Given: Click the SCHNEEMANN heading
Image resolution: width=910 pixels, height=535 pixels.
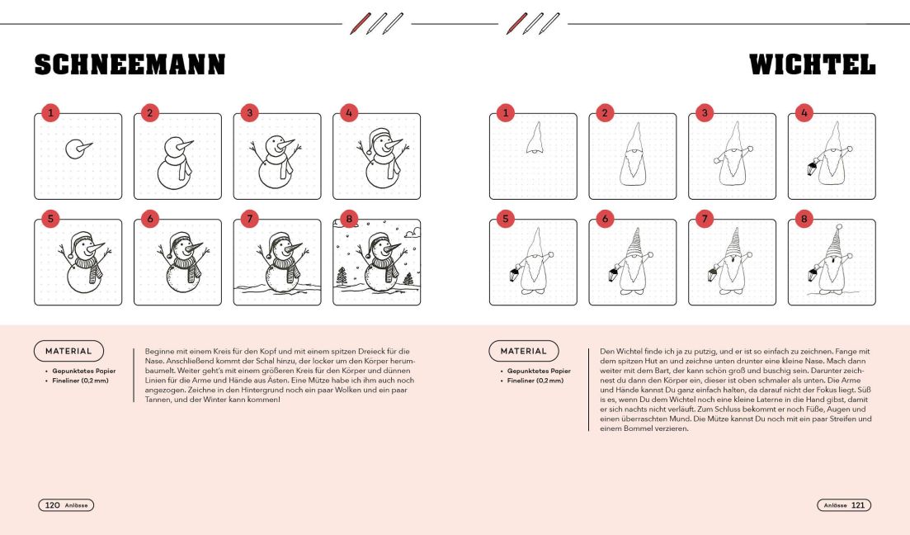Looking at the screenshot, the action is (x=130, y=64).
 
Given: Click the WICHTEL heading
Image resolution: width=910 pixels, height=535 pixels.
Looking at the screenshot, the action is (x=812, y=64).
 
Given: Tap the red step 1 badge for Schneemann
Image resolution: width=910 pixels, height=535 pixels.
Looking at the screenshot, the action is (x=50, y=112).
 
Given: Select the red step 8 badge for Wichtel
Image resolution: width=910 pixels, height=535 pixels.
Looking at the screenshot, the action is (x=804, y=219).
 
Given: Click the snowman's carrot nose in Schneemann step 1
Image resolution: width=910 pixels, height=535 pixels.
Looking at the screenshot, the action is (x=85, y=146).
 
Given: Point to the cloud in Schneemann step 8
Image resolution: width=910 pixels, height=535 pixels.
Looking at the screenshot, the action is (x=413, y=234).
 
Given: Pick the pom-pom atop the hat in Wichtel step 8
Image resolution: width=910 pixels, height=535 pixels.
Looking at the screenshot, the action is (x=838, y=226).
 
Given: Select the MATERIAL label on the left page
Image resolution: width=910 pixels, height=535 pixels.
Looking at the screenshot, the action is (x=68, y=351).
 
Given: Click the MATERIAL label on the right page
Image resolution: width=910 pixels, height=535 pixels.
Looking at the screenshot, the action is (x=524, y=351).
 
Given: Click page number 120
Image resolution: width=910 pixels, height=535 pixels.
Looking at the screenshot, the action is (x=52, y=504).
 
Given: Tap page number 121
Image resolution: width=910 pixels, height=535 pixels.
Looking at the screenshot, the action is (x=858, y=504).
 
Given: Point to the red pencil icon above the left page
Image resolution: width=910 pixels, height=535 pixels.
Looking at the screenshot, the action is (x=360, y=24).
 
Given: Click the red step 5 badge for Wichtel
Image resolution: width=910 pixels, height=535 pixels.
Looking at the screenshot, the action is (x=506, y=219).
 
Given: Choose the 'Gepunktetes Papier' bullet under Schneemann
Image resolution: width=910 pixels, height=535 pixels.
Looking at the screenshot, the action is (x=83, y=371).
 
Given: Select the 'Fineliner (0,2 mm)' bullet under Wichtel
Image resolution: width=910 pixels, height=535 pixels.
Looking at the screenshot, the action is (x=535, y=381).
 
